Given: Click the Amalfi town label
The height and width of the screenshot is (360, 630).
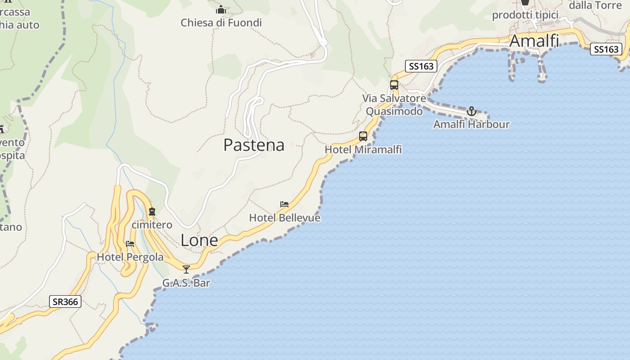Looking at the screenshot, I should [x=534, y=41].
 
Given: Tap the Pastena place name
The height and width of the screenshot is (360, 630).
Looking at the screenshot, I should [x=254, y=145].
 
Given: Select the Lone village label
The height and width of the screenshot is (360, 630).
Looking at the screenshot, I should [x=199, y=240].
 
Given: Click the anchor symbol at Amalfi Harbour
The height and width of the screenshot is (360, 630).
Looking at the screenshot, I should [x=471, y=111].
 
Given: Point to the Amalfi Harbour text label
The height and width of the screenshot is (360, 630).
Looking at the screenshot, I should [x=471, y=124].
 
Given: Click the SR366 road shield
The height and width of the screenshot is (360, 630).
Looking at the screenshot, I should [x=65, y=301].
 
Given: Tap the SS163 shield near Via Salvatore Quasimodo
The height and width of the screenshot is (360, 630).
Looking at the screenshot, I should [x=421, y=66].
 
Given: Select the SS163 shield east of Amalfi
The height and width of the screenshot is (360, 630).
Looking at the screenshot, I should [x=606, y=49].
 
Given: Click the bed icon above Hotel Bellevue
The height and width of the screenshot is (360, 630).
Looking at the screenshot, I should [x=284, y=204].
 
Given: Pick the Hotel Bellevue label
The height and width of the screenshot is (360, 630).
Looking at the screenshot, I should [x=284, y=218].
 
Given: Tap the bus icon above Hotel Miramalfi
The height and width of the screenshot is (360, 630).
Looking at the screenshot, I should [x=363, y=136].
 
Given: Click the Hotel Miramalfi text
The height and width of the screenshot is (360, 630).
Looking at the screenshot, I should [x=363, y=149].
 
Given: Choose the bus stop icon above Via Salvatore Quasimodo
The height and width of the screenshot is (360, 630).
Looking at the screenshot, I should [x=394, y=85].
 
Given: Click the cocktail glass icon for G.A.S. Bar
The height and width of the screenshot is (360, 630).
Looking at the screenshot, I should [x=186, y=269].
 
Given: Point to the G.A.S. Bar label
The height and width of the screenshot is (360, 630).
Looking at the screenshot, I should [x=186, y=283].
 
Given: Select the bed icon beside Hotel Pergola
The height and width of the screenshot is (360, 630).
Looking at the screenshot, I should [x=130, y=244].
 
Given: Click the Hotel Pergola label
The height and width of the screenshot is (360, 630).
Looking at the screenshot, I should [x=130, y=257].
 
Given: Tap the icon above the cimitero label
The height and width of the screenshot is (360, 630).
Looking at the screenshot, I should [x=152, y=211].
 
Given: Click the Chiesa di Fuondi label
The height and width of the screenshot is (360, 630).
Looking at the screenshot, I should [x=221, y=22].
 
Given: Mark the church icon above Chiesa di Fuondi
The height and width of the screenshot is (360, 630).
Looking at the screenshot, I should [x=221, y=9].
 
